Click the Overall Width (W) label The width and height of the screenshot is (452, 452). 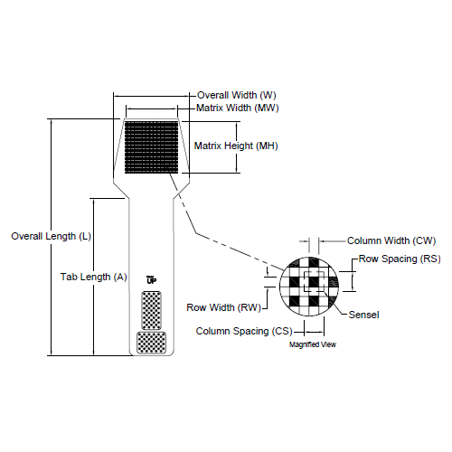(x=236, y=95)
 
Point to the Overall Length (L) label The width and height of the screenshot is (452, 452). (x=52, y=236)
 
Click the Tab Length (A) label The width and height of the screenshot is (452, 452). (x=93, y=277)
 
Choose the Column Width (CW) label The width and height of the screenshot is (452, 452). (x=391, y=241)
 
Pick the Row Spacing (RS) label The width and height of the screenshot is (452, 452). (x=400, y=259)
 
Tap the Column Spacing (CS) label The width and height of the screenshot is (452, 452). (x=238, y=331)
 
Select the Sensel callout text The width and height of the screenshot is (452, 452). (x=363, y=314)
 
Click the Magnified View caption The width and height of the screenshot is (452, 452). (x=314, y=344)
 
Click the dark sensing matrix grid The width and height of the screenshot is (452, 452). (x=152, y=146)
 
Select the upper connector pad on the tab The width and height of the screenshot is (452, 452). (x=151, y=311)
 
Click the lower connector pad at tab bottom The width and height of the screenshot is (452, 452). (x=151, y=343)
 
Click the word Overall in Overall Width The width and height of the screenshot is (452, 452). (x=212, y=95)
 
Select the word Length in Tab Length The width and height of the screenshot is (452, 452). (x=94, y=277)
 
